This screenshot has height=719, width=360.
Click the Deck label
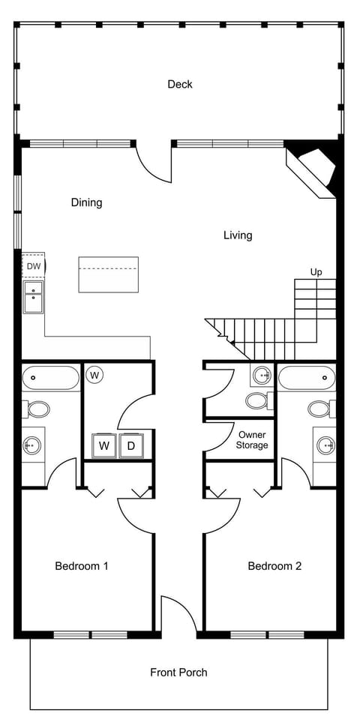pyautogui.click(x=180, y=84)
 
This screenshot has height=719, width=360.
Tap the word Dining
pyautogui.click(x=86, y=202)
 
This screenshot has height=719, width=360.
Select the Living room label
pyautogui.click(x=238, y=235)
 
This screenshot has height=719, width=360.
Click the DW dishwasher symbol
pyautogui.click(x=34, y=266)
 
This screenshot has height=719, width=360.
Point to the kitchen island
pyautogui.click(x=109, y=274)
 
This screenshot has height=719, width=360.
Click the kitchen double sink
pyautogui.click(x=34, y=297)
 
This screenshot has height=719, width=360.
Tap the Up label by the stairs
pyautogui.click(x=316, y=272)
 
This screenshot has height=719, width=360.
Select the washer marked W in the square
pyautogui.click(x=104, y=446)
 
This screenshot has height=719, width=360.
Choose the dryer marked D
pyautogui.click(x=130, y=446)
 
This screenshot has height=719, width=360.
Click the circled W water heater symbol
pyautogui.click(x=95, y=373)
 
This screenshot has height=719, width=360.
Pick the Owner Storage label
pyautogui.click(x=252, y=440)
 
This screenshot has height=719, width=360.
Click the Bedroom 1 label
pyautogui.click(x=82, y=566)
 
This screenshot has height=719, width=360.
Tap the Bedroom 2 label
pyautogui.click(x=274, y=566)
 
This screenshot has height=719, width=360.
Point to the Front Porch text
pyautogui.click(x=178, y=673)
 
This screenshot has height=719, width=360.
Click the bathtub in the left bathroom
pyautogui.click(x=50, y=379)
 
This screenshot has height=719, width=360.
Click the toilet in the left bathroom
pyautogui.click(x=37, y=409)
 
